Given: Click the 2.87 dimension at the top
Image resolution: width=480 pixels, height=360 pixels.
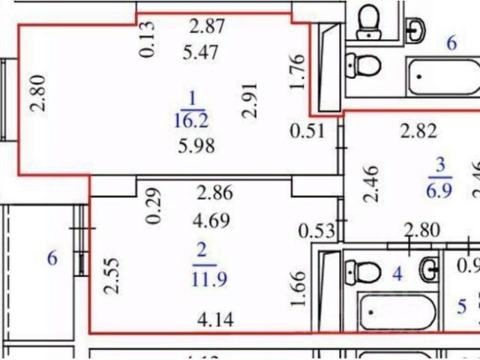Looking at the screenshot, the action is (206, 27).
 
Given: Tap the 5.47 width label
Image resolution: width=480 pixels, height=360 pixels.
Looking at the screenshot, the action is (200, 53).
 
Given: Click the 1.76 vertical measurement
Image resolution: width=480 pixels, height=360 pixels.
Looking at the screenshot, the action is (297, 73).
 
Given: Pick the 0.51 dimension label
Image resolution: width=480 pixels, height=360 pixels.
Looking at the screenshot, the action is (308, 131).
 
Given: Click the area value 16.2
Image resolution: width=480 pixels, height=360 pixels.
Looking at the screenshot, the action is (193, 119).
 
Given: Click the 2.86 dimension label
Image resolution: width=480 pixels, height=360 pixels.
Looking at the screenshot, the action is (214, 192).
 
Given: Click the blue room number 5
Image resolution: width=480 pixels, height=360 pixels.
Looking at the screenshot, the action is (462, 307).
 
